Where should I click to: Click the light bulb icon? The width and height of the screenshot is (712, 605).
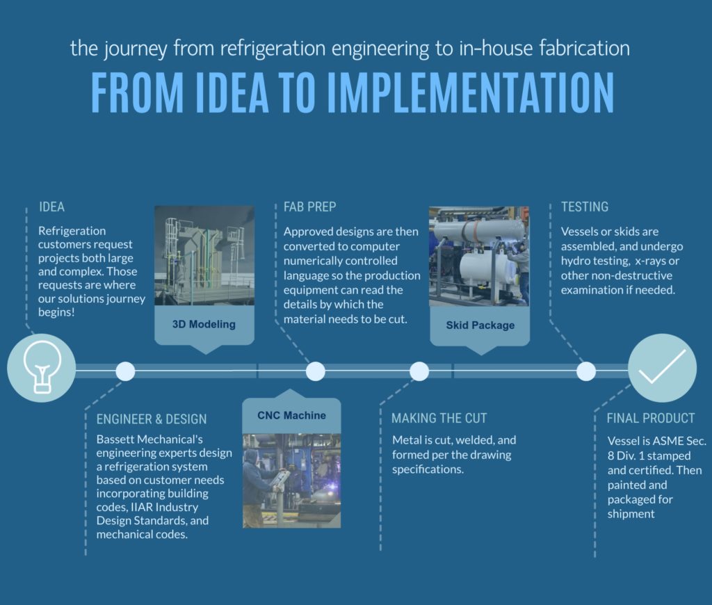[42, 367]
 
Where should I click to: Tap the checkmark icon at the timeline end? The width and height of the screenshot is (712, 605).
[662, 367]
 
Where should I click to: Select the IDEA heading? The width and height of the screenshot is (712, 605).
[51, 207]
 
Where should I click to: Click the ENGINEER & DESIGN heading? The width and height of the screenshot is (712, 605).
[151, 419]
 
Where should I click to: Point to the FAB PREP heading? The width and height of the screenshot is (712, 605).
[309, 207]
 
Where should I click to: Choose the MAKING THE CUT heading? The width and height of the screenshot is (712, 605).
[439, 418]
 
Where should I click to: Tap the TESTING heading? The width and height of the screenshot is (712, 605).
[584, 207]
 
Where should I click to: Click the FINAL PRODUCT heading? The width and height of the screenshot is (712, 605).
[651, 418]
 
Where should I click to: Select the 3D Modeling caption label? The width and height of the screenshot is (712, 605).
[204, 324]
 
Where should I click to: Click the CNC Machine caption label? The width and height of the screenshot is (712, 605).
[291, 416]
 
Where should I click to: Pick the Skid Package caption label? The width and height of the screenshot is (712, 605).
[480, 325]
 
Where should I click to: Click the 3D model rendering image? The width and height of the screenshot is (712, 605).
[204, 255]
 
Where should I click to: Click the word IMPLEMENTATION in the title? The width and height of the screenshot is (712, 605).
[471, 92]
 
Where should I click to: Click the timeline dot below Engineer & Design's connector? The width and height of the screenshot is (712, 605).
[125, 371]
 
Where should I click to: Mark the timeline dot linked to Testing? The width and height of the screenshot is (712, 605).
[586, 371]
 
